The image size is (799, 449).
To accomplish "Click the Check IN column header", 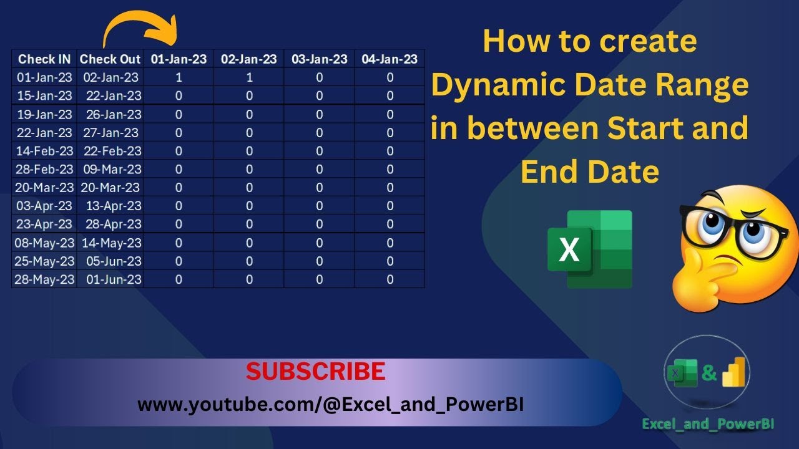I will coord(44,59).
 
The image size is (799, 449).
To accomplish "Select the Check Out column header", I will coord(110,59).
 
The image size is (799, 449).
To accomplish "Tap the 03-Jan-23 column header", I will coord(320,59).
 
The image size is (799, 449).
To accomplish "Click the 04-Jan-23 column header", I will coord(390,59).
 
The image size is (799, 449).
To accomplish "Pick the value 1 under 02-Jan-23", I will coord(249,77).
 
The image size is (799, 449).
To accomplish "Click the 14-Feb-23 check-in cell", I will coord(44,151).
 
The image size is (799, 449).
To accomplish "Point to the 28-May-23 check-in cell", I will coord(44,279).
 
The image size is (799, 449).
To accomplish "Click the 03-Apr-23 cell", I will coord(44,206).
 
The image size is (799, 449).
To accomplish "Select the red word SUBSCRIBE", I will coord(315,372).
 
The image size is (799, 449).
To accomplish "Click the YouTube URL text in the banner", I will coord(330,405).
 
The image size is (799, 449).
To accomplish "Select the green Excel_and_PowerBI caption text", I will coord(708,424).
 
